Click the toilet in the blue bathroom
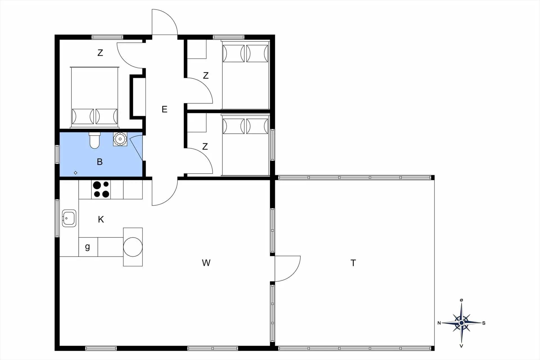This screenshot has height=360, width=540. [94, 140]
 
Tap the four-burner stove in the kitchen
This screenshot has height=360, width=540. [101, 189]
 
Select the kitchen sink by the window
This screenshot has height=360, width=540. [69, 218]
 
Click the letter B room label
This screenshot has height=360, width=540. [100, 162]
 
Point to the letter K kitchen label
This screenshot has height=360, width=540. [101, 219]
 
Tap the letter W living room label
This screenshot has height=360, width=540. [206, 263]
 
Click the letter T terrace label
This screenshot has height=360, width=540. [353, 263]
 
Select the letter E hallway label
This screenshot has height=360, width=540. [165, 109]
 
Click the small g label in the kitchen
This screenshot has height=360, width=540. [87, 247]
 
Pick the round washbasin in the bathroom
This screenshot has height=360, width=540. [120, 139]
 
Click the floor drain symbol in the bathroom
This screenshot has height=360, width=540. [75, 173]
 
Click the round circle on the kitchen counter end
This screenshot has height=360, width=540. [133, 247]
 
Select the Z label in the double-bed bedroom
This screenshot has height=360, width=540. [100, 53]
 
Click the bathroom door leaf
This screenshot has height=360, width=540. [136, 148]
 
